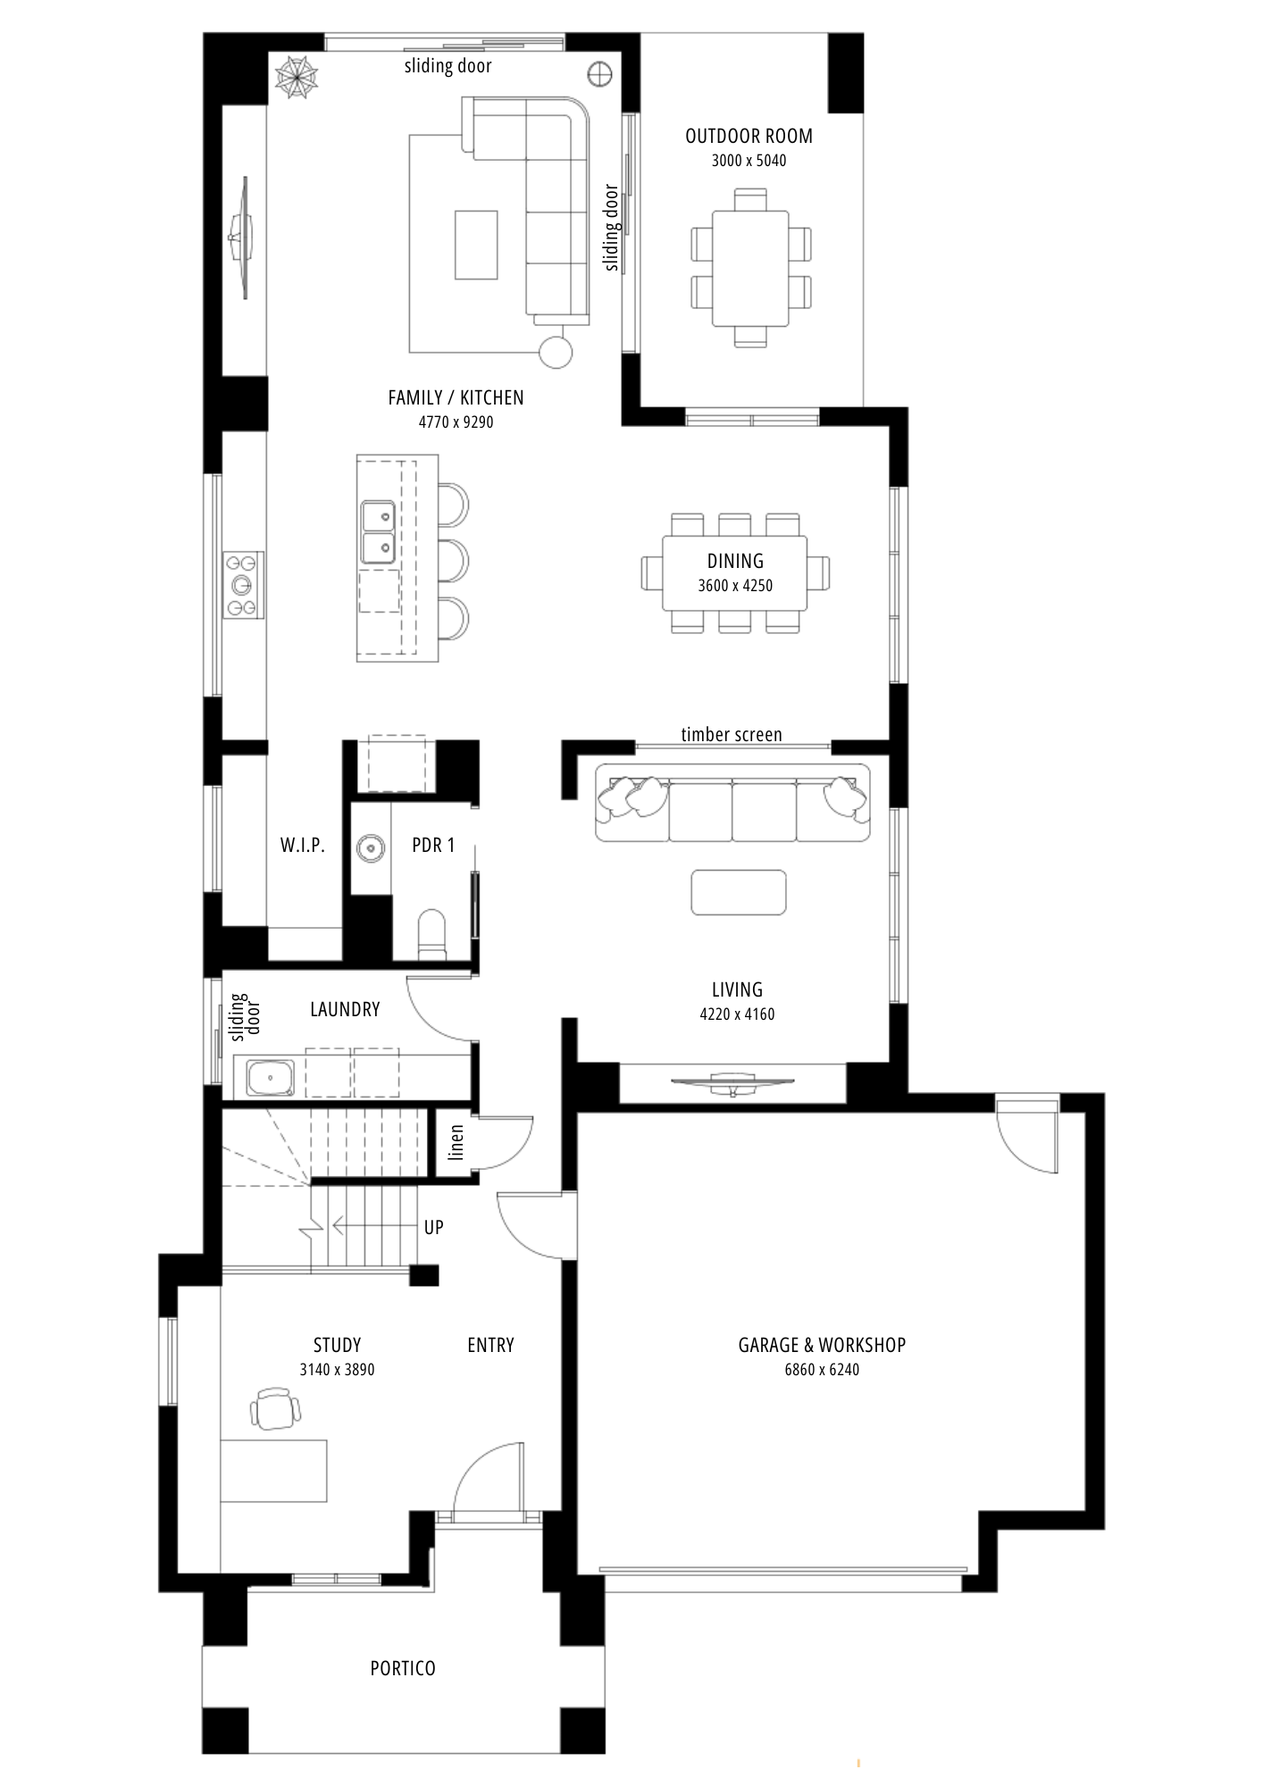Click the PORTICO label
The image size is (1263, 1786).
click(x=403, y=1668)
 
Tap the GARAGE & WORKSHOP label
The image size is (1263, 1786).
click(x=822, y=1345)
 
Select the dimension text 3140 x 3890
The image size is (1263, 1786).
click(x=338, y=1370)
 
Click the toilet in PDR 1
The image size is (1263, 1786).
click(x=431, y=935)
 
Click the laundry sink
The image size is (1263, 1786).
click(x=271, y=1079)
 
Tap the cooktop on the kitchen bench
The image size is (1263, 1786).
click(x=243, y=585)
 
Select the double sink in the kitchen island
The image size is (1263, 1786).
click(x=379, y=532)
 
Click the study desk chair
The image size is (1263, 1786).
click(x=275, y=1408)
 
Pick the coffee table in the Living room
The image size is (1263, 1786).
click(x=739, y=892)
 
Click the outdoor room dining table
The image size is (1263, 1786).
click(x=750, y=268)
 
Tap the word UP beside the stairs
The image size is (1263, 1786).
click(x=434, y=1227)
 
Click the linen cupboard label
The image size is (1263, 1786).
click(x=456, y=1142)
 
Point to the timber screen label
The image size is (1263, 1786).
click(x=732, y=734)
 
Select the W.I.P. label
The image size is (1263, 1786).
click(x=303, y=845)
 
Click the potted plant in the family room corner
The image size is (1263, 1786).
click(x=297, y=76)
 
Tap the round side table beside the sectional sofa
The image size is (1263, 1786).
click(x=556, y=351)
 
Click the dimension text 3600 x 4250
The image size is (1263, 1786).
click(x=735, y=586)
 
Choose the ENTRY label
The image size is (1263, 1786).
click(x=490, y=1345)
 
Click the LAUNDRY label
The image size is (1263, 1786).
click(x=345, y=1009)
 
